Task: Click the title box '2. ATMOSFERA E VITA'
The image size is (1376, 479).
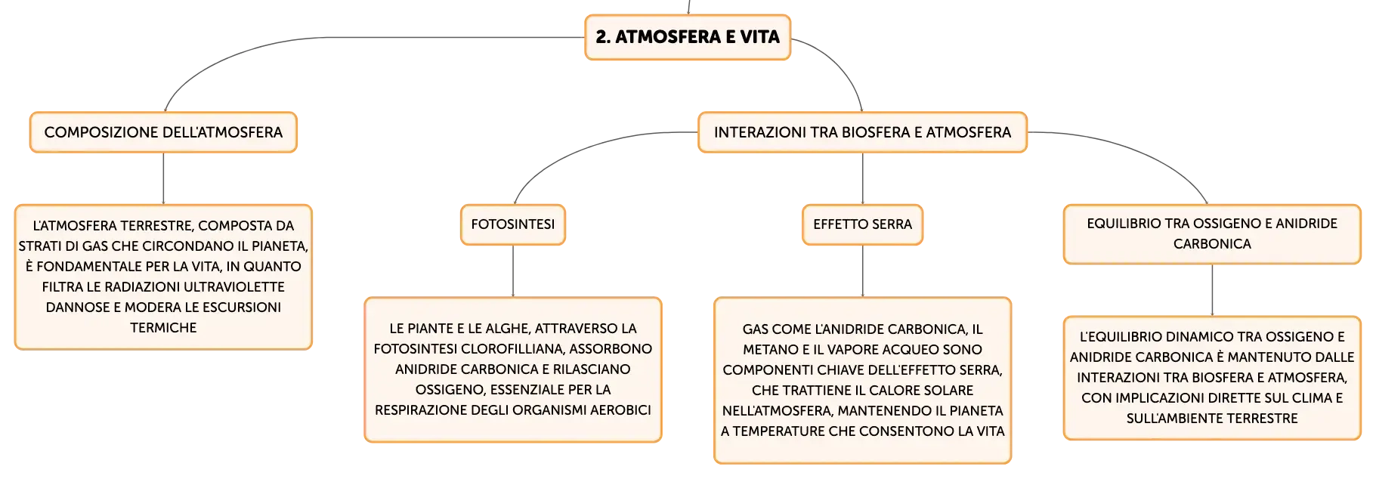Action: [688, 37]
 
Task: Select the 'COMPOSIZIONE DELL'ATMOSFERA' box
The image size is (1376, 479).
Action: [163, 132]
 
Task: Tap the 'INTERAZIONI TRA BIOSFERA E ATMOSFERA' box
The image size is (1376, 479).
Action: [862, 132]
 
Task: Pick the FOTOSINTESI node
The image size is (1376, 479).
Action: [513, 224]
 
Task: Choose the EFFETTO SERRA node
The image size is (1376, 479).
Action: [862, 224]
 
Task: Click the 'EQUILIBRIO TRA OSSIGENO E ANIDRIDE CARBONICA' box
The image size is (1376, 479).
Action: [1212, 234]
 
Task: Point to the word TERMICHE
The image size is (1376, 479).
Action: [163, 328]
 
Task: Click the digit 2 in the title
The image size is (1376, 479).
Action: [601, 37]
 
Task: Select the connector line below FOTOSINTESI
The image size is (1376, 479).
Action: [513, 271]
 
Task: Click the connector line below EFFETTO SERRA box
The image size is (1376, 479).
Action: [862, 271]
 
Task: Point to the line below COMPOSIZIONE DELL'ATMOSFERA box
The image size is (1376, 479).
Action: [163, 178]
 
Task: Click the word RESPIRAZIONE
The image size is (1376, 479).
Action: [422, 410]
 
